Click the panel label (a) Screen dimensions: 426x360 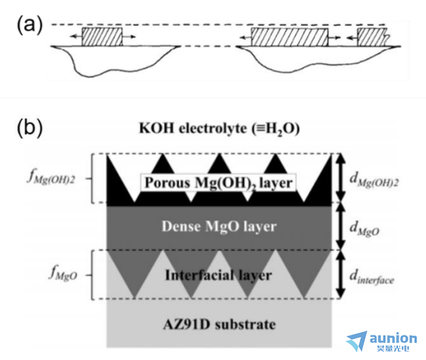pyautogui.click(x=30, y=24)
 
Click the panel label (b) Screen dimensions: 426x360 pyautogui.click(x=30, y=128)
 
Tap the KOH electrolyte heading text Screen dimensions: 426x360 pyautogui.click(x=219, y=129)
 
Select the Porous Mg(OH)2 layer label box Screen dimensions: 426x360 pyautogui.click(x=218, y=183)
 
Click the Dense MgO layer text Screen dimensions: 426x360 pyautogui.click(x=219, y=226)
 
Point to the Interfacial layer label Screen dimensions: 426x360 pyautogui.click(x=218, y=275)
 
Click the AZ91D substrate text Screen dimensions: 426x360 pyautogui.click(x=220, y=325)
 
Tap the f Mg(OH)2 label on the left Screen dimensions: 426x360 pyautogui.click(x=51, y=178)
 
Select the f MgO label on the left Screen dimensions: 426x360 pyautogui.click(x=63, y=274)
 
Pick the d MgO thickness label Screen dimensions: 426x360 pyautogui.click(x=365, y=228)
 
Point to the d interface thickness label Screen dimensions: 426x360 pyautogui.click(x=371, y=277)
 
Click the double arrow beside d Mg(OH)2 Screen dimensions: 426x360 pyautogui.click(x=341, y=178)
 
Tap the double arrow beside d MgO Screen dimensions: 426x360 pyautogui.click(x=341, y=226)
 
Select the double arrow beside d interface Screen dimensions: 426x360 pyautogui.click(x=341, y=274)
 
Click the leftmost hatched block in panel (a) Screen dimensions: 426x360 pyautogui.click(x=102, y=37)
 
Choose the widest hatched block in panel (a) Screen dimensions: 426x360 pyautogui.click(x=290, y=37)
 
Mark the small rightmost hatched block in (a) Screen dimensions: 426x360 pyautogui.click(x=372, y=37)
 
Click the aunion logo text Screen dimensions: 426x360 pyautogui.click(x=393, y=339)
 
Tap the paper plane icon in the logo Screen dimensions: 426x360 pyautogui.click(x=357, y=341)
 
